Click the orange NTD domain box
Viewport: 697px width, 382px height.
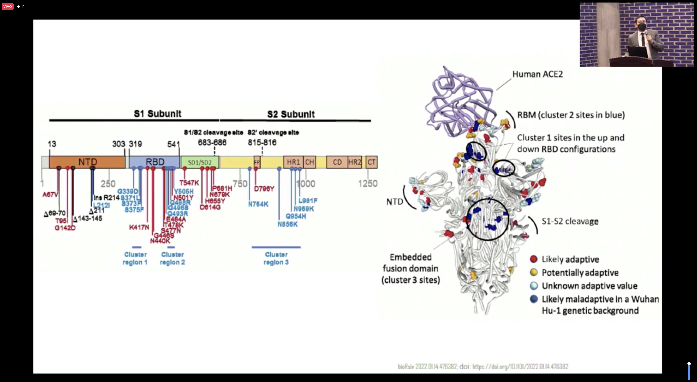87,162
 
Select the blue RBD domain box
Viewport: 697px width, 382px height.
155,162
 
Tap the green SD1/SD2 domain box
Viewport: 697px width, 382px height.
200,162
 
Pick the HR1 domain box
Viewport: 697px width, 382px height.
293,162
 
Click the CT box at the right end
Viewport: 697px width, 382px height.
371,162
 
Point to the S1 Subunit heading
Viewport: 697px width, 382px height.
157,114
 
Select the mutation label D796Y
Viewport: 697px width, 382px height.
264,189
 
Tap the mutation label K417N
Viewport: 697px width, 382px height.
139,227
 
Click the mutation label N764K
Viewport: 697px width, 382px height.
258,204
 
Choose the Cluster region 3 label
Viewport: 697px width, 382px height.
276,258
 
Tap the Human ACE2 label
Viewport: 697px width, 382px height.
537,74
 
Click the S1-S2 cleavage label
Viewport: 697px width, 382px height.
570,221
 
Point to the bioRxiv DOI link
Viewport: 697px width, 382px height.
520,367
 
